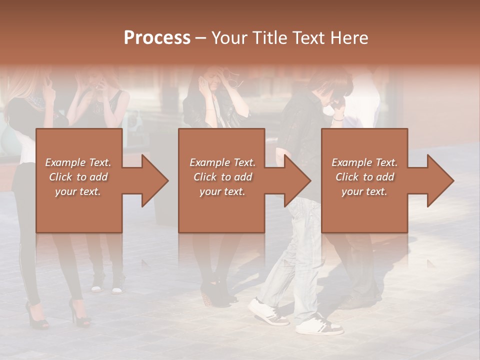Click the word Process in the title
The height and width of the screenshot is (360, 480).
[x=157, y=38]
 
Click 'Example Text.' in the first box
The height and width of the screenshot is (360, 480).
[x=78, y=162]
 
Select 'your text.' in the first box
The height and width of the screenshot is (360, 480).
[x=78, y=191]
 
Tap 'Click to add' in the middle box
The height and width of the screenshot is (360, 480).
[x=222, y=177]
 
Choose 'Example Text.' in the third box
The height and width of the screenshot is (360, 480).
[x=364, y=162]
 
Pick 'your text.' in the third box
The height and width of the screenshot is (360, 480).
[x=364, y=191]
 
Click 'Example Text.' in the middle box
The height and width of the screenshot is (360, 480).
[x=222, y=162]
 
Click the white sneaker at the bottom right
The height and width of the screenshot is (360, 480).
[x=319, y=325]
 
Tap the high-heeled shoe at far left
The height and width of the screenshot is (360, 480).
[x=36, y=315]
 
